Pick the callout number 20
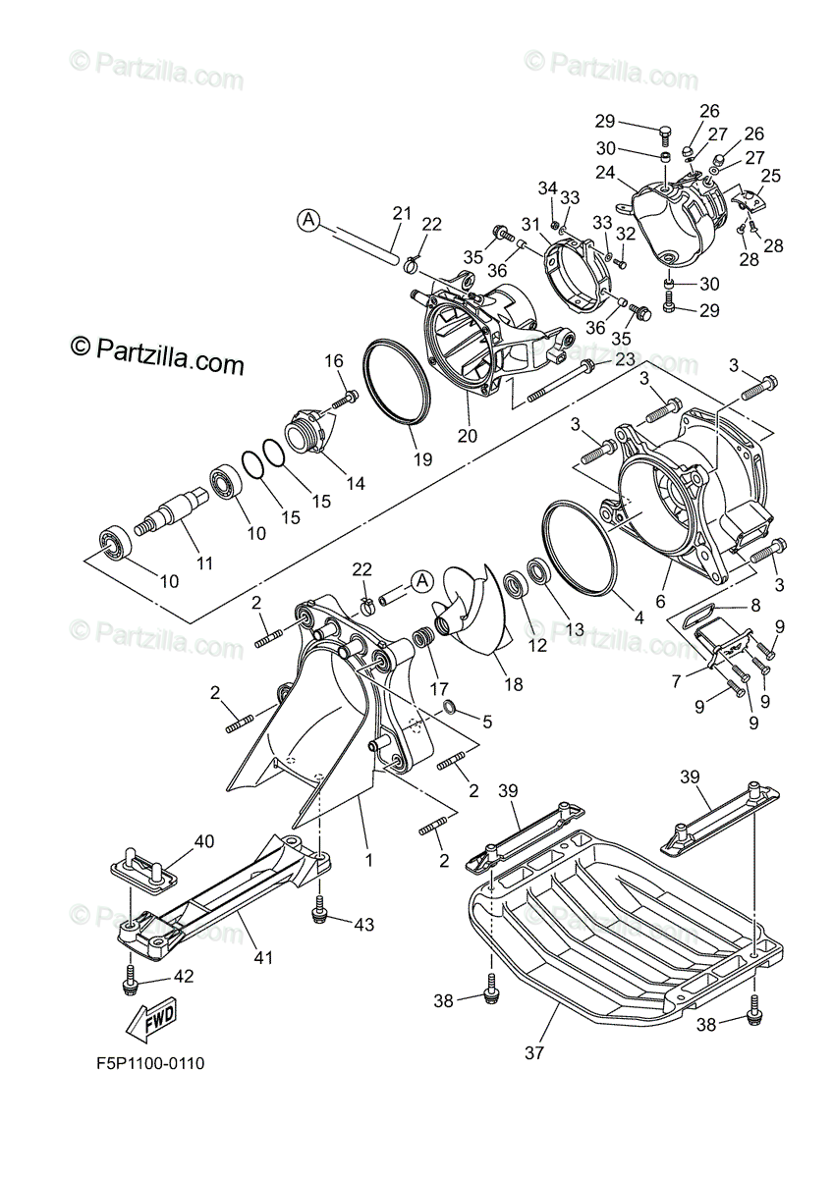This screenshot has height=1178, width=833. click(x=468, y=433)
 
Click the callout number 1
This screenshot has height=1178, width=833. click(x=369, y=860)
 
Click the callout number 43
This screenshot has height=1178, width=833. click(x=365, y=924)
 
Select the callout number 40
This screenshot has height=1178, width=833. click(x=203, y=841)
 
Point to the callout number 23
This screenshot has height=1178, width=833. click(x=624, y=360)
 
